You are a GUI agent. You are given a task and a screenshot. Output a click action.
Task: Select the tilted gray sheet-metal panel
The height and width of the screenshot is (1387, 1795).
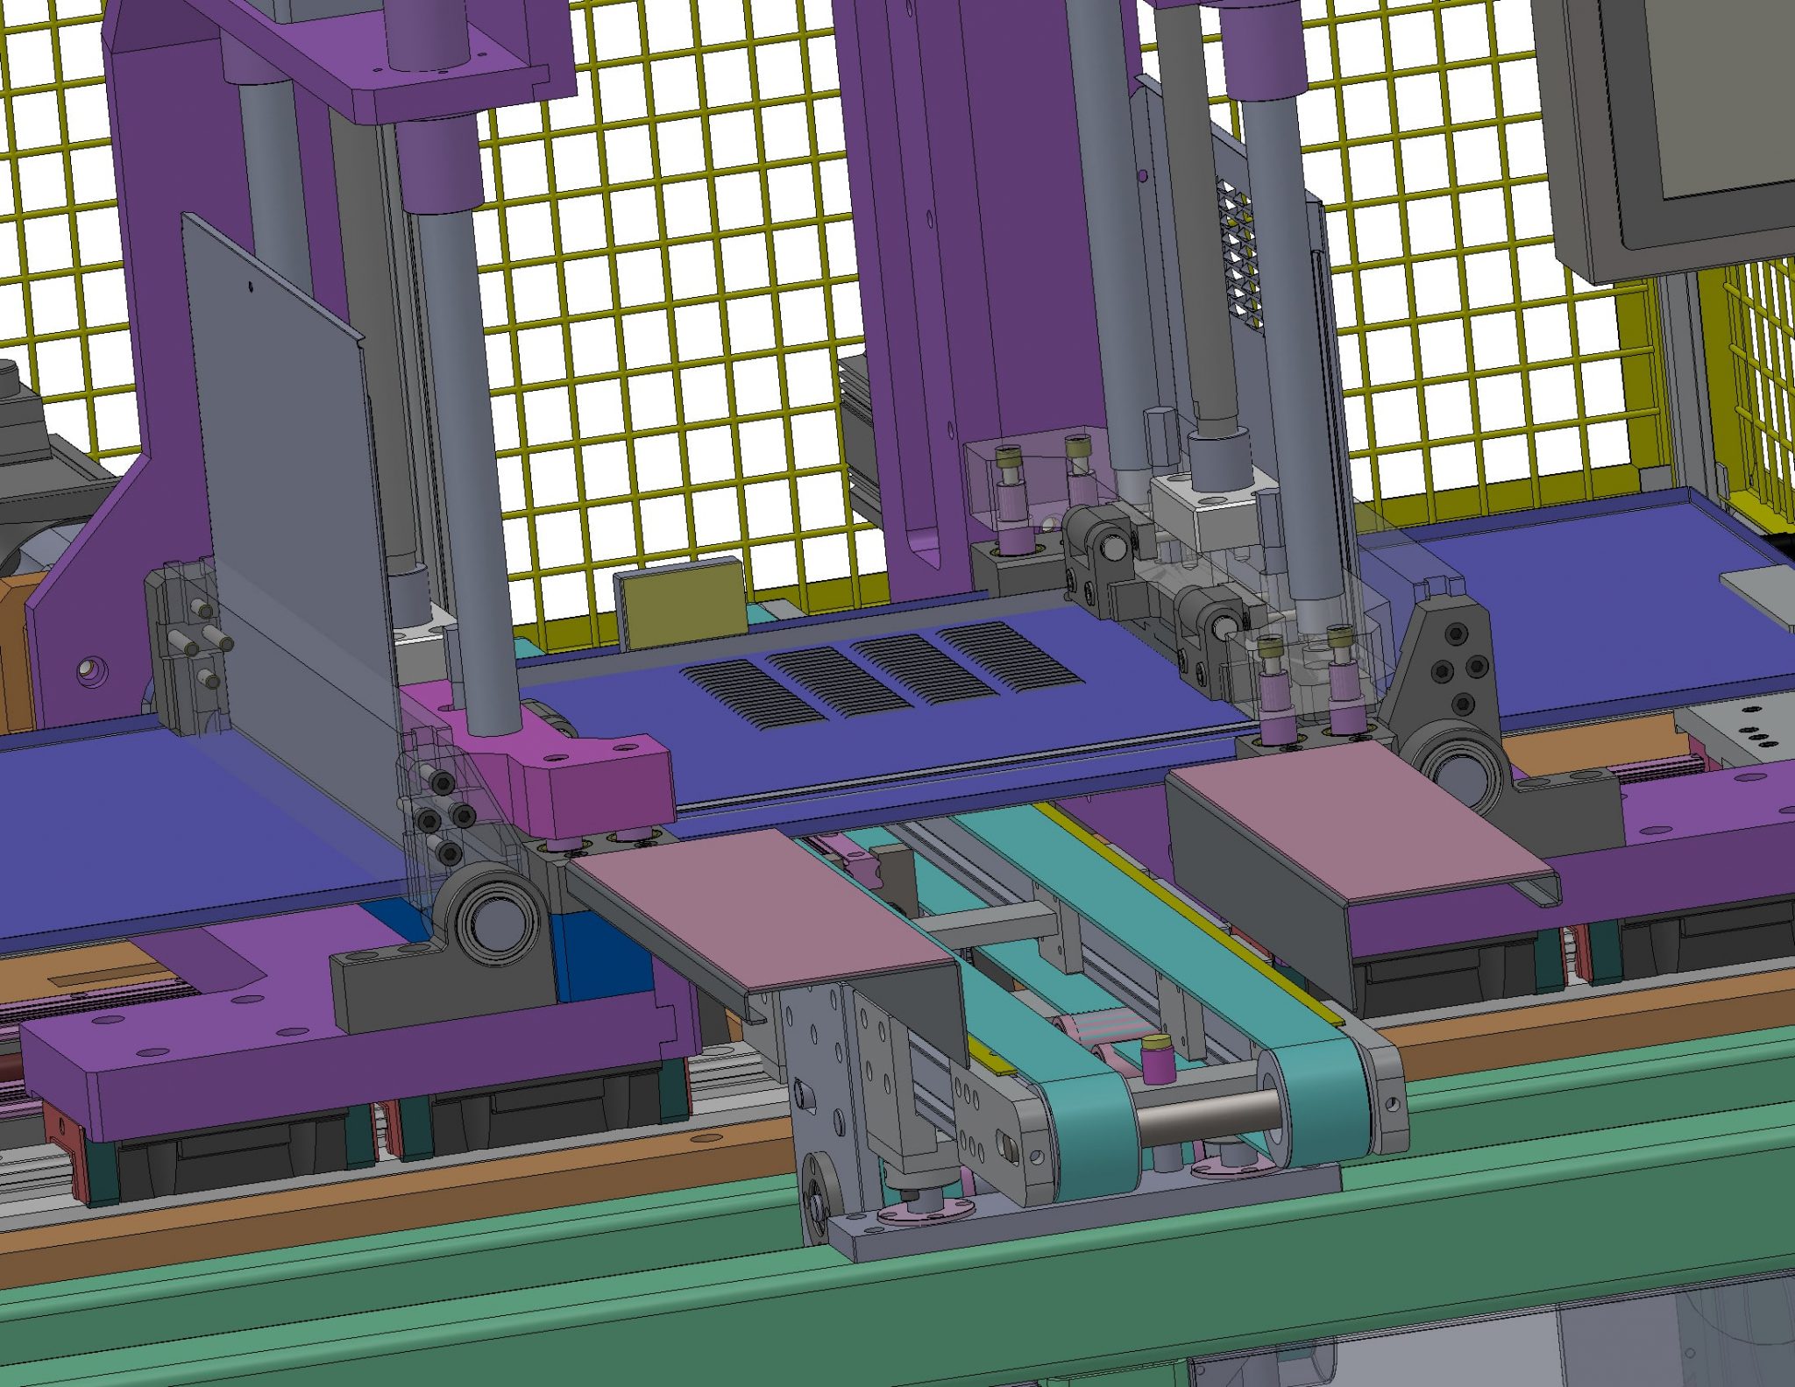(289, 491)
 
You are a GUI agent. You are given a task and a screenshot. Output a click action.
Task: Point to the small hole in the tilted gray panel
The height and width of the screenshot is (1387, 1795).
(252, 285)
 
